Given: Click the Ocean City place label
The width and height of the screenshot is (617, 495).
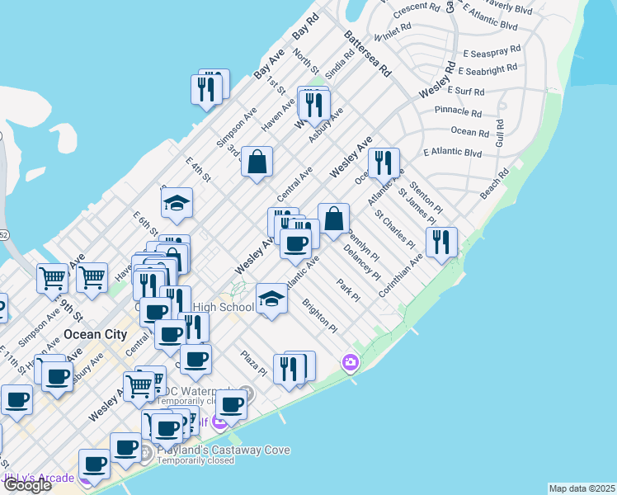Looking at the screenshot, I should point(96,335).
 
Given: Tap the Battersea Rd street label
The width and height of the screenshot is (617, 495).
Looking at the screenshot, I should point(366,54).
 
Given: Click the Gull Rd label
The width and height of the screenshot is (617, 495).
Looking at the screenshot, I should point(500,133).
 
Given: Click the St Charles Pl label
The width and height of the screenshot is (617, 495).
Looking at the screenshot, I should point(395,229).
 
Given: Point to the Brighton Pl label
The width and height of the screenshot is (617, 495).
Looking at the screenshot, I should point(320,316).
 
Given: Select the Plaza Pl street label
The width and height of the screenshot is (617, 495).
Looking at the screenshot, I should point(253,363).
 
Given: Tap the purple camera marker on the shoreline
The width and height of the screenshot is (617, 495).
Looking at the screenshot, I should point(351,362).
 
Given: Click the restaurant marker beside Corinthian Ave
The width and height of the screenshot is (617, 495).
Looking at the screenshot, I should point(441,242).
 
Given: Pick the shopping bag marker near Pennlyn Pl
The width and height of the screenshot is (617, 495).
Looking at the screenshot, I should point(333,219).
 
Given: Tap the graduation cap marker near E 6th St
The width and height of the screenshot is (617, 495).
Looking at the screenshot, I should point(177,202).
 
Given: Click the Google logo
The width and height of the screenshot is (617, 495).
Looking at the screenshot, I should point(26,485).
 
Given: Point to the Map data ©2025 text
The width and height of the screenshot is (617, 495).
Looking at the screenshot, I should point(582,488).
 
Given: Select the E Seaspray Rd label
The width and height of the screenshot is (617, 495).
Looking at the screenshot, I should point(491,49).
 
